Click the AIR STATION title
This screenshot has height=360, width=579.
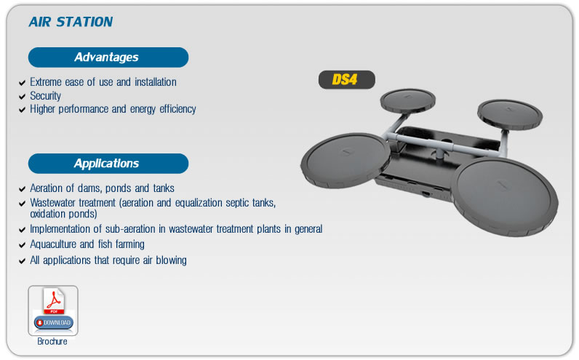click(71, 22)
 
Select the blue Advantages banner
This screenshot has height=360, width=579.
click(108, 57)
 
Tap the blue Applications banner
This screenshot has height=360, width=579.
click(108, 164)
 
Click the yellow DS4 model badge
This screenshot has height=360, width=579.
click(347, 80)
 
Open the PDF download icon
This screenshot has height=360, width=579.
click(53, 311)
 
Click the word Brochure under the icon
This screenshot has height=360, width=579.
click(52, 342)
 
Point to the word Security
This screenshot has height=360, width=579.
click(45, 96)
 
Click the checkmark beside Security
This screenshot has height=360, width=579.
click(22, 97)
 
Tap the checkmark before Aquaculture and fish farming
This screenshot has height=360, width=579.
click(22, 245)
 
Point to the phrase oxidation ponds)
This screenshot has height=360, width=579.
click(63, 214)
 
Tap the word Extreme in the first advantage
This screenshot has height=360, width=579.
click(46, 82)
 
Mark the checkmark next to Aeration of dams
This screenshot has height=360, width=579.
click(22, 189)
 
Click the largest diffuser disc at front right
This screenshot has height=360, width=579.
click(505, 197)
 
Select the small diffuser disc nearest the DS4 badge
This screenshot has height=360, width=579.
click(407, 100)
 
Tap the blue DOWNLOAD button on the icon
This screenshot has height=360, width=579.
click(54, 323)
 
